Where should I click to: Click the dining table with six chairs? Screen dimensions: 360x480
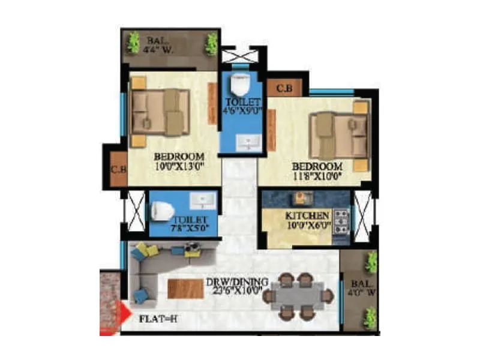[298, 295]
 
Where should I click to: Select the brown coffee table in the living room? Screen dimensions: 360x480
[185, 289]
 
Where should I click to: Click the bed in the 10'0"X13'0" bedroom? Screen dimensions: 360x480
[159, 112]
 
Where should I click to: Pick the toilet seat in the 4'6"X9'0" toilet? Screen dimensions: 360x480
[242, 82]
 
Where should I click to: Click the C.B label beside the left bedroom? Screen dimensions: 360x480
[118, 169]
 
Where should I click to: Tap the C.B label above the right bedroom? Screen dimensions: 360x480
[284, 88]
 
